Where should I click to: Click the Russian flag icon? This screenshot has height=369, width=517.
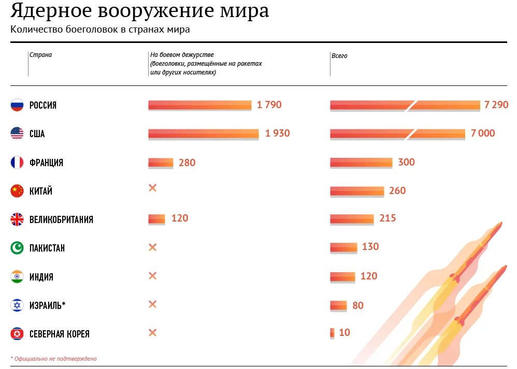(x=17, y=105)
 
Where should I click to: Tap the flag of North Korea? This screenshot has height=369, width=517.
(x=17, y=334)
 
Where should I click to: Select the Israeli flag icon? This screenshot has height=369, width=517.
(x=17, y=305)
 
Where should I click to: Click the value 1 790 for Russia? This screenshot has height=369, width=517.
(x=269, y=105)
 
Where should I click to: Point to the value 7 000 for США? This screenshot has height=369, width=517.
(x=483, y=134)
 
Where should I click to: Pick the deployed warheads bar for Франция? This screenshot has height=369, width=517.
(x=161, y=163)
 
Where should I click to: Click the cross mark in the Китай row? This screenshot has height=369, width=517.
(x=152, y=188)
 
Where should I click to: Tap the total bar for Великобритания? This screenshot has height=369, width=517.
(x=352, y=219)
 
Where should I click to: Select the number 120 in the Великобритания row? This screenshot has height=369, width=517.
(x=180, y=218)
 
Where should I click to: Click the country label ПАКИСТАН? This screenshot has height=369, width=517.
(x=47, y=248)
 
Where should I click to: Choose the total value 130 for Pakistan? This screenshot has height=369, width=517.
(x=370, y=247)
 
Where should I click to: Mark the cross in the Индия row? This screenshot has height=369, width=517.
(x=152, y=276)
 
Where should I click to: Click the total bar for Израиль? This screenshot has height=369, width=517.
(x=338, y=305)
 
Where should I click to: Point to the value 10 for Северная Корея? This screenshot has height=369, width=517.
(x=344, y=333)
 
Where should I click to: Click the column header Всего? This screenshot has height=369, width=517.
(x=340, y=56)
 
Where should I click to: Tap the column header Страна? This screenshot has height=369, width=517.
(x=40, y=55)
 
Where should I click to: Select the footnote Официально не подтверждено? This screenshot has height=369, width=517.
(x=55, y=359)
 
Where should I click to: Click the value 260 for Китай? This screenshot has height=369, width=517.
(x=397, y=191)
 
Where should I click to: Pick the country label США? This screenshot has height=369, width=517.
(x=37, y=134)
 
